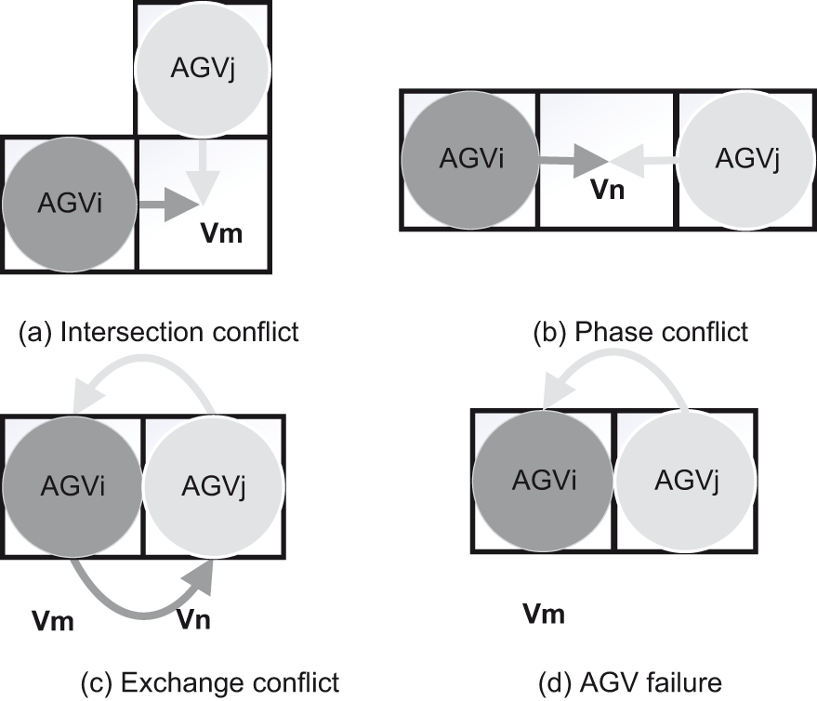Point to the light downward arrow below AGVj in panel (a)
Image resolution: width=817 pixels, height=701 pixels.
tap(203, 172)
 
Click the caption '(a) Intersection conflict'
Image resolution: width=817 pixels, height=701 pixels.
tap(159, 332)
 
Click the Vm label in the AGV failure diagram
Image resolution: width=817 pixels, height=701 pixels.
tap(543, 615)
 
